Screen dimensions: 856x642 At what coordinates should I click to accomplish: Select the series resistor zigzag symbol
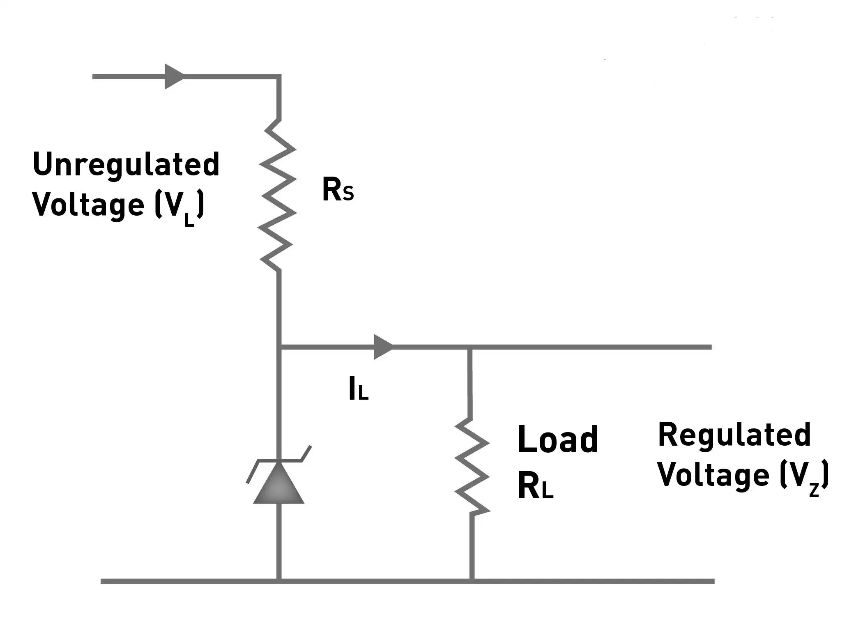tap(277, 195)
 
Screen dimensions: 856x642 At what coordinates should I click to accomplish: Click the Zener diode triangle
tap(279, 483)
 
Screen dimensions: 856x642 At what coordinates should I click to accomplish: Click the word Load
tap(558, 439)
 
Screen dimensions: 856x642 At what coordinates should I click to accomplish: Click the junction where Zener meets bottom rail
tap(279, 581)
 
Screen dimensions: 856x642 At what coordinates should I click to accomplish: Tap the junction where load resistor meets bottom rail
tap(472, 581)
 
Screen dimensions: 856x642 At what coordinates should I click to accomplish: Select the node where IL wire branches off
tap(279, 347)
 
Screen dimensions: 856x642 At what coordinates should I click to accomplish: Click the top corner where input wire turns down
tap(279, 76)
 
